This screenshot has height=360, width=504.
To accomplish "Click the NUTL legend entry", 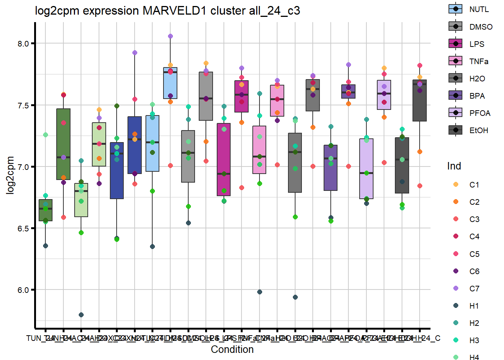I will pos(456,9).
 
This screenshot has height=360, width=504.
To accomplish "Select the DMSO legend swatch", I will pos(456,26).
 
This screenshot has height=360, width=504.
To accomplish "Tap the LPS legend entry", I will pos(456,44).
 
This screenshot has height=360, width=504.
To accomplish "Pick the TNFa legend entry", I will pos(456,61).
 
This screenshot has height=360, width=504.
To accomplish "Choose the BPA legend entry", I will pos(456,96).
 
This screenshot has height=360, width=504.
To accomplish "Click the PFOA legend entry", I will pos(456,113).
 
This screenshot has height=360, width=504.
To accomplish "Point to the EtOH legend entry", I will pos(456,130).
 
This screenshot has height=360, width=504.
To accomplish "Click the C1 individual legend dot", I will pos(456,184).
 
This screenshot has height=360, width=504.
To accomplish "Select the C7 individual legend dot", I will pos(456,288).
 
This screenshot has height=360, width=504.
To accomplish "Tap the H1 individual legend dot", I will pos(456,306).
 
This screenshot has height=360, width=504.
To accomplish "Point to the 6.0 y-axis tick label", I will pos(23,290).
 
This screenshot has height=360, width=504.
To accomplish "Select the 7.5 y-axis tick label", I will pos(23,105).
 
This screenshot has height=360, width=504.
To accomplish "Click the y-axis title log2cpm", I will pos(10,175).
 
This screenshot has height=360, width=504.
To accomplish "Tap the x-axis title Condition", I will pos(232,349).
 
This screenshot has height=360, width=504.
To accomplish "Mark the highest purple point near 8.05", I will pos(170,36).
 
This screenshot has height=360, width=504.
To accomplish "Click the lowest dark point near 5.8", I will pos(81,315).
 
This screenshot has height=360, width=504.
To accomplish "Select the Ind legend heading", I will pos(454,166).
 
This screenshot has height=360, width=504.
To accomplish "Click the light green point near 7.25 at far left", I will pos(45,135).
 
